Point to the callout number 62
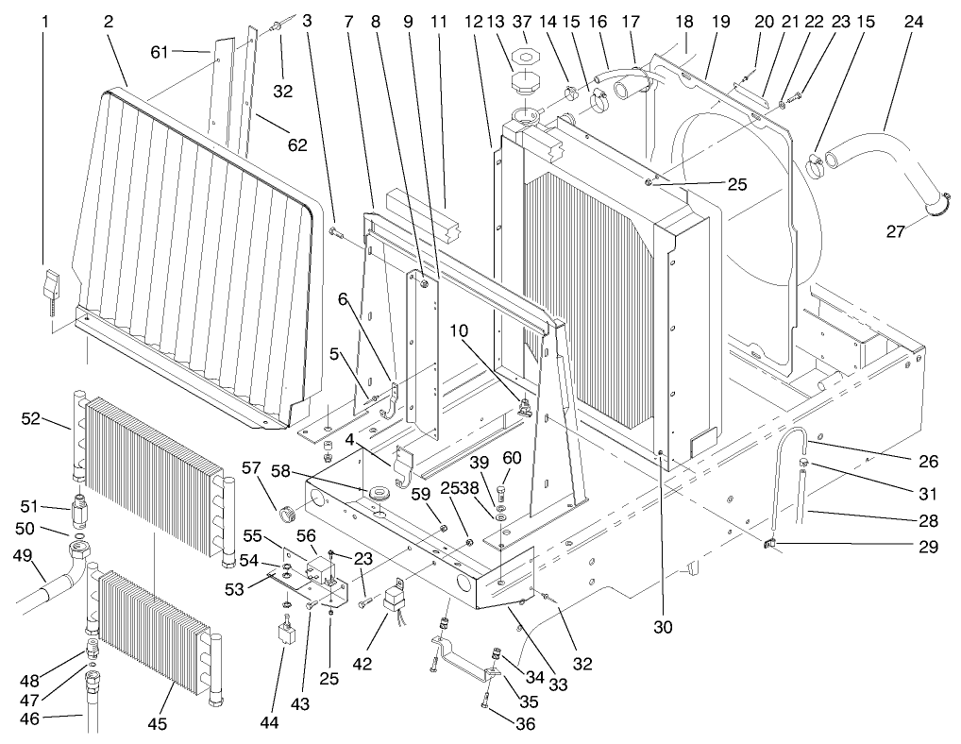(298, 144)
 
